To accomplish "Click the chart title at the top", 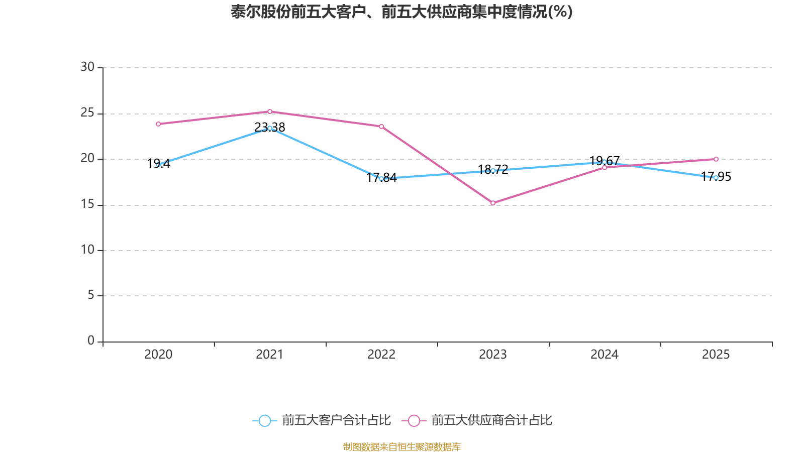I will click(401, 12).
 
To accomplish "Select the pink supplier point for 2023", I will click(493, 203).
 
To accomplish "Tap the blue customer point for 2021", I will click(270, 128).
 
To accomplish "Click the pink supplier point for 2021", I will click(270, 111).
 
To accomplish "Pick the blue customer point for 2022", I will click(381, 178).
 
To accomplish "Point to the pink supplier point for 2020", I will click(158, 124).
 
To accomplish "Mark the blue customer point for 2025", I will click(716, 178).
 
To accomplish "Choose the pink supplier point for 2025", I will click(716, 159).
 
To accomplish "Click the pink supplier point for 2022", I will click(381, 127).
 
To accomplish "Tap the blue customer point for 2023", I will click(493, 171).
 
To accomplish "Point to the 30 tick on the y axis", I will click(87, 67).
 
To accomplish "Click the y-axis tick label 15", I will click(87, 204).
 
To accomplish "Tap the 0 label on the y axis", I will click(91, 341).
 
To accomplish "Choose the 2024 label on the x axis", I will click(605, 355).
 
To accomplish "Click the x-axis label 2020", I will click(158, 355).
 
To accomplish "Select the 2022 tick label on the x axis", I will click(381, 355).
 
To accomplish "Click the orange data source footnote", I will click(401, 446).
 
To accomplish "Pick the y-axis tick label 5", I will click(91, 295).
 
